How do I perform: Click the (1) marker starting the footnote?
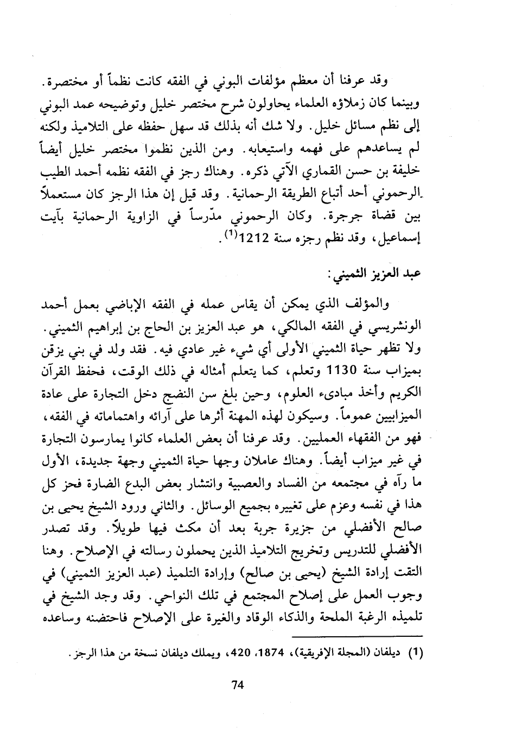pos(415,654)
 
